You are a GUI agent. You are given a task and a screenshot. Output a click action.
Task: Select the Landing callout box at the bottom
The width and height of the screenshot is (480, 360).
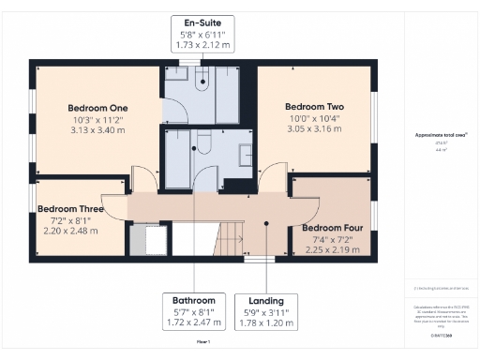tap(268, 310)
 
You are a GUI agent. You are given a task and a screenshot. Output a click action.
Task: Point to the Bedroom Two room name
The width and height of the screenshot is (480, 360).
tap(314, 107)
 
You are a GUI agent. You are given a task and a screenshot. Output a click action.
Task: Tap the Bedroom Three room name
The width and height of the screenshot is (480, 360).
tap(70, 208)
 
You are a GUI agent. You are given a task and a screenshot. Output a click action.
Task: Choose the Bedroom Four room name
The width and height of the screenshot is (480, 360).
tap(334, 228)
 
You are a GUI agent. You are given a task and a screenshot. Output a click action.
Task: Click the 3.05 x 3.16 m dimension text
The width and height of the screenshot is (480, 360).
tap(314, 129)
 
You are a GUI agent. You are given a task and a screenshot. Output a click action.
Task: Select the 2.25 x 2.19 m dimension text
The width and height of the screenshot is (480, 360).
tap(334, 250)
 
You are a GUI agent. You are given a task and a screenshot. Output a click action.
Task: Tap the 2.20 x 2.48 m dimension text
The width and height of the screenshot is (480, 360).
tap(70, 231)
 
